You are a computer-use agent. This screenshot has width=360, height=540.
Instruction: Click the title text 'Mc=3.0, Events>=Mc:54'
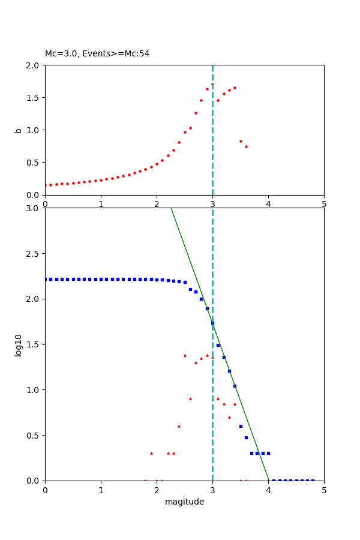97,54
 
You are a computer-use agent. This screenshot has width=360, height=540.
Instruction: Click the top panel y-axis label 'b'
18,130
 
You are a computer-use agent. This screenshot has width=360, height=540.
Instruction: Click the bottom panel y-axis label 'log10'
18,345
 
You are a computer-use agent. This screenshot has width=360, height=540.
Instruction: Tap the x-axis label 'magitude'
184,502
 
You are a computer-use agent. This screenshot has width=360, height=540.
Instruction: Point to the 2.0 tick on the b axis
34,65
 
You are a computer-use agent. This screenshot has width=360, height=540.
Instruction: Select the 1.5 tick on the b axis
34,97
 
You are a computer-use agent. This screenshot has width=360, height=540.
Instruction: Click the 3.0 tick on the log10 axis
34,208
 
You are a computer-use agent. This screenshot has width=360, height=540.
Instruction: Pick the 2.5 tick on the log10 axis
34,254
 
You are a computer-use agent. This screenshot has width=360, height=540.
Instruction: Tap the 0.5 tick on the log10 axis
34,436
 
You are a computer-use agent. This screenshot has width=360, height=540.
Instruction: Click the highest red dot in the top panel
212,85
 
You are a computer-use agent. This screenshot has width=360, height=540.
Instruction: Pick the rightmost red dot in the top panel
246,146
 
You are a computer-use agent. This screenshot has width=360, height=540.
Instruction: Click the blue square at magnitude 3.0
212,323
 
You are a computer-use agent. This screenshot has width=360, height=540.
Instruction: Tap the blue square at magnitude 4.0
268,453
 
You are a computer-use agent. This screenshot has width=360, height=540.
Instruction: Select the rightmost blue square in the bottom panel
313,481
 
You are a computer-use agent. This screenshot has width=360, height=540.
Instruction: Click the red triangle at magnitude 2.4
179,426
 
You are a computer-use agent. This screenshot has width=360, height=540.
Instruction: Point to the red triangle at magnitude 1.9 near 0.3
151,453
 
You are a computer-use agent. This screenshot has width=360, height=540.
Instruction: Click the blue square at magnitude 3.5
241,426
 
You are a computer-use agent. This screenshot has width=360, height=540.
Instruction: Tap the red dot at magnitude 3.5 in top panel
241,141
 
